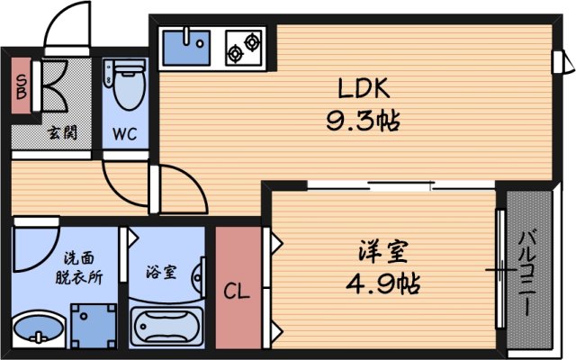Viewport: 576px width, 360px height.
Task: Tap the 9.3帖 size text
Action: pyautogui.click(x=364, y=120)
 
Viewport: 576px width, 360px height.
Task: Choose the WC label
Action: pyautogui.click(x=125, y=135)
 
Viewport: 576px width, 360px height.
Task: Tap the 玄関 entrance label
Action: pyautogui.click(x=62, y=133)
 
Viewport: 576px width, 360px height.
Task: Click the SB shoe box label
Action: pyautogui.click(x=20, y=88)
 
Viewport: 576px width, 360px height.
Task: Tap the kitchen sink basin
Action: pyautogui.click(x=186, y=46)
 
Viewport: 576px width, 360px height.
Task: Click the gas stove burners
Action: pyautogui.click(x=243, y=47)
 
